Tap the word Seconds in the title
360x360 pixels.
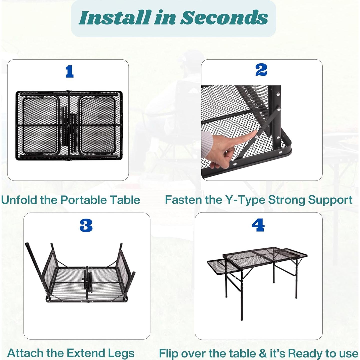(224, 18)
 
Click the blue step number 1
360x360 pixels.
(70, 71)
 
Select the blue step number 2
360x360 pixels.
(261, 70)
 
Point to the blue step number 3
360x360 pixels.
(86, 226)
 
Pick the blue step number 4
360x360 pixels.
(258, 225)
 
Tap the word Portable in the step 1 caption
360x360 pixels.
(83, 200)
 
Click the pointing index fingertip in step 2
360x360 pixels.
(255, 132)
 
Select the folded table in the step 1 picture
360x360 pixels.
(69, 125)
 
